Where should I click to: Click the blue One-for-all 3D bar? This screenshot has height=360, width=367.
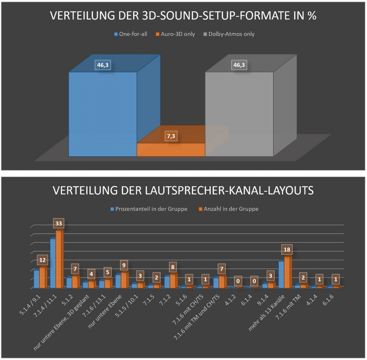click(x=103, y=113)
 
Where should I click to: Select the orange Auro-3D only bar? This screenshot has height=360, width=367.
click(x=171, y=150)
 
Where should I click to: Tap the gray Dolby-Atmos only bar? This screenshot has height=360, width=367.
click(x=239, y=113)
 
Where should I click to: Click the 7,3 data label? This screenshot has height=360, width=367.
click(x=171, y=136)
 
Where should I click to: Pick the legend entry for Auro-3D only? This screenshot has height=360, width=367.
click(x=176, y=34)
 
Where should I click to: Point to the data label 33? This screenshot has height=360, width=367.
click(x=59, y=223)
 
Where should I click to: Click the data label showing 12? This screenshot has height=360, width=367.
click(x=42, y=260)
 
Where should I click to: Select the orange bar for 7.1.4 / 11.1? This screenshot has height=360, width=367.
click(x=59, y=259)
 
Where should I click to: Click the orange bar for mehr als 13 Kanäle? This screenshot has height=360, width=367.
click(x=287, y=272)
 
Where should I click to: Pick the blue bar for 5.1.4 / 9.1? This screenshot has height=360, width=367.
click(x=36, y=279)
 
